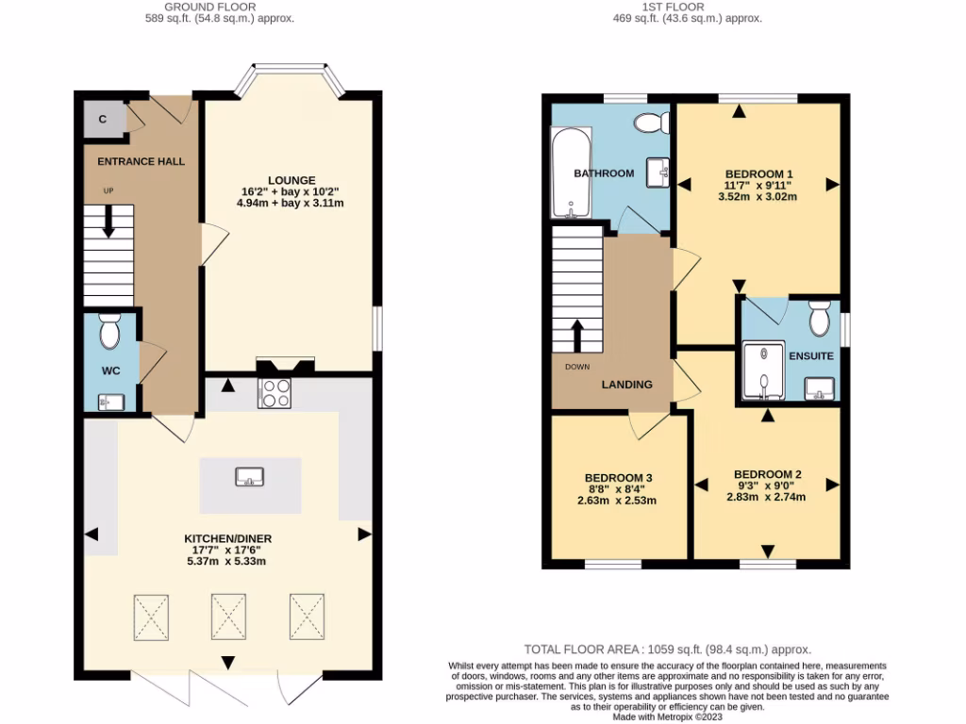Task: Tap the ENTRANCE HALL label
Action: (x=142, y=161)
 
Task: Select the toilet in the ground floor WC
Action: (x=109, y=331)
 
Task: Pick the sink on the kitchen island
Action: (x=250, y=476)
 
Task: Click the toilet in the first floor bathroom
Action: (x=651, y=123)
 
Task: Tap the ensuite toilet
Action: (x=819, y=319)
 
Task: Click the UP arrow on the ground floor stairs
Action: (x=108, y=222)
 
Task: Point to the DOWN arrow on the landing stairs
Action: (x=577, y=336)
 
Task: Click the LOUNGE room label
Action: (x=291, y=180)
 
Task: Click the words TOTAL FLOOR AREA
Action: (x=579, y=650)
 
